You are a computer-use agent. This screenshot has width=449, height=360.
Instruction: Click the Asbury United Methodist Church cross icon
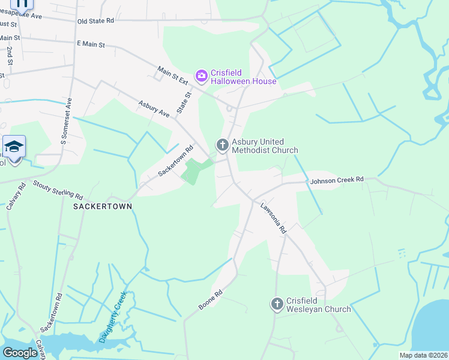pos(222,144)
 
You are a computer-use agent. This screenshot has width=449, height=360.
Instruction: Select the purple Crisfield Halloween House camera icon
pos(202,75)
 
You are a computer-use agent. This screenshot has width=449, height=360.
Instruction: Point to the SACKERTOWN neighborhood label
pos(102,206)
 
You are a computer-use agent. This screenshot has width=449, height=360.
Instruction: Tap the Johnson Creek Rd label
pos(337,179)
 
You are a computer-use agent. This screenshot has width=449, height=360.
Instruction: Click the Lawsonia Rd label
pos(274,218)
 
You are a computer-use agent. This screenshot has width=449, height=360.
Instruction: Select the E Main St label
pos(91,44)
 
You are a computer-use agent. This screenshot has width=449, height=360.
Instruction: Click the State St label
pos(184,102)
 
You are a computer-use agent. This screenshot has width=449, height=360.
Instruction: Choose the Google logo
pos(20,353)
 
